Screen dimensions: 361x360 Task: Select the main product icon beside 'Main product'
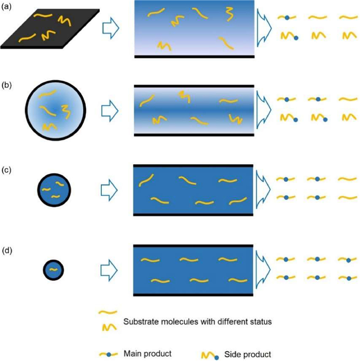pos(109,354)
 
